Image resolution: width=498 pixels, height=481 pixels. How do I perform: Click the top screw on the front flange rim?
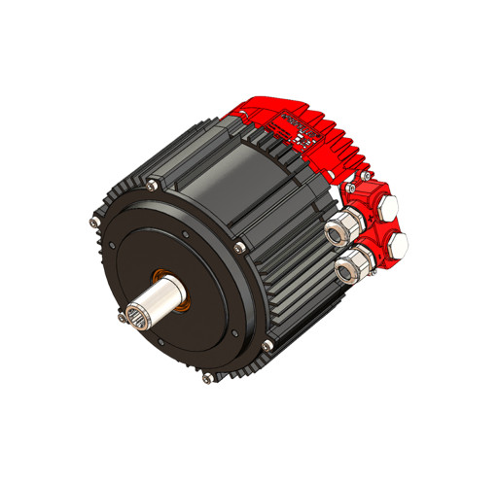click(x=153, y=184)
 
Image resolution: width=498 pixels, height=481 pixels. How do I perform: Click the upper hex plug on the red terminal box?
click(x=386, y=207)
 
